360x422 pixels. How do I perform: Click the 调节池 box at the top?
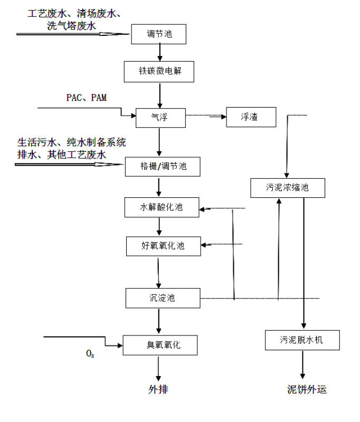(x=159, y=35)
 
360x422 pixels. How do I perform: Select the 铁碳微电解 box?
(x=159, y=71)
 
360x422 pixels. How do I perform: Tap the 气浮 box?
(x=160, y=117)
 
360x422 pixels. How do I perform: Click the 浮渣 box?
(x=251, y=117)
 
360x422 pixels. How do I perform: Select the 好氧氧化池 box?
(x=163, y=245)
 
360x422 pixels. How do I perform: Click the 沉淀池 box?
(x=163, y=298)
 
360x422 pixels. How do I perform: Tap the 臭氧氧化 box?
(x=160, y=345)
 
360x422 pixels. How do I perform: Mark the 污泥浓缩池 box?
(x=288, y=187)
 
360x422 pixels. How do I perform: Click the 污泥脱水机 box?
(x=302, y=340)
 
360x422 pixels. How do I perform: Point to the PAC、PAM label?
(x=86, y=98)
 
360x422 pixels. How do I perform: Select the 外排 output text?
(x=158, y=390)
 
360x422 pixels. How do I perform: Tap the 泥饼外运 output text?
(x=307, y=390)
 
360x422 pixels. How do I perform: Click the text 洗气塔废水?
(x=72, y=25)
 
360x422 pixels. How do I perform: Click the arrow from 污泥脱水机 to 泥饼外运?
(x=302, y=363)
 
